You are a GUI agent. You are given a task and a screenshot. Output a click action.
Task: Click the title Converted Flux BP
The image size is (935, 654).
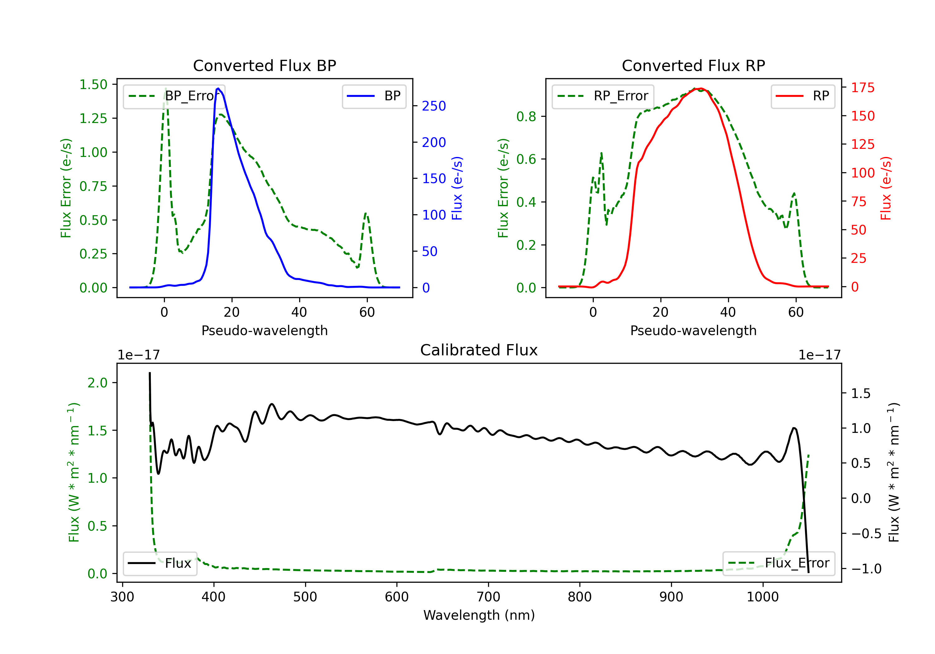pos(264,65)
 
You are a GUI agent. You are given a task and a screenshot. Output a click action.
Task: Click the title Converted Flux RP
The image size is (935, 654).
pos(693,65)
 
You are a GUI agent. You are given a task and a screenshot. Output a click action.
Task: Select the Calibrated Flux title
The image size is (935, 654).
pos(479,350)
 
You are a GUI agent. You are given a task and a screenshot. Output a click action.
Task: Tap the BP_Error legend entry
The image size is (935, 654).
pos(173,96)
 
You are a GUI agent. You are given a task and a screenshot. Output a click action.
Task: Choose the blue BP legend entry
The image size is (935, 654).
pos(374,96)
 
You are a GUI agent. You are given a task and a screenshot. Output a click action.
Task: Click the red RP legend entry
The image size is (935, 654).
pos(803,96)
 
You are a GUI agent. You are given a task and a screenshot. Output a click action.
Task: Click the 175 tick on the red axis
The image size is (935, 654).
pos(862,88)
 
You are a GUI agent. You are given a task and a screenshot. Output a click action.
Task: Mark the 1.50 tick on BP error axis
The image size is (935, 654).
pos(93,85)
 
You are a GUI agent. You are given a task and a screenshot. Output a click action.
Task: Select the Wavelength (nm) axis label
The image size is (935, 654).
pos(479,615)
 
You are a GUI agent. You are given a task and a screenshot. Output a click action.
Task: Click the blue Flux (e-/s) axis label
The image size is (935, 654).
pos(457,188)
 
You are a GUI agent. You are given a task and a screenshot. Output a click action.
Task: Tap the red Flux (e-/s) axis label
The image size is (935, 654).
pos(886,188)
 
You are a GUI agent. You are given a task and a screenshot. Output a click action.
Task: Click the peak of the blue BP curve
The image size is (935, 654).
pos(218,88)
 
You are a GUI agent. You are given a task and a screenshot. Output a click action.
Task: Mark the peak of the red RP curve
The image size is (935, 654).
pos(699,88)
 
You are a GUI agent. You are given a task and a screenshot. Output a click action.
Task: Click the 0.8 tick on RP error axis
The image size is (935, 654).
pos(526,117)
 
